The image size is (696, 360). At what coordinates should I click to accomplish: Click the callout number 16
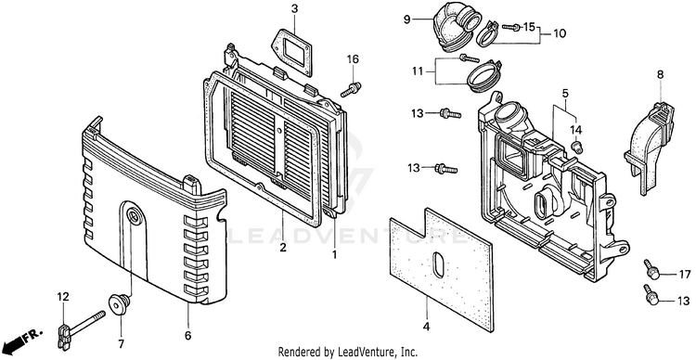click(x=353, y=59)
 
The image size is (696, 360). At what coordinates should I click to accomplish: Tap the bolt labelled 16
click(x=351, y=89)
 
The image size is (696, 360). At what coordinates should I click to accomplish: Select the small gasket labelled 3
click(x=290, y=52)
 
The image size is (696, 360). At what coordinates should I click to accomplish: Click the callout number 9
click(x=407, y=19)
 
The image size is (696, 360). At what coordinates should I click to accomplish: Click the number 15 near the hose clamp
click(x=529, y=27)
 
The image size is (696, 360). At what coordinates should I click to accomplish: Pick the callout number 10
click(x=560, y=33)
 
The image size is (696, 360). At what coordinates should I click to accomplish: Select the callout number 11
click(x=419, y=71)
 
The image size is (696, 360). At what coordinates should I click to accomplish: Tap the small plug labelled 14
click(x=577, y=147)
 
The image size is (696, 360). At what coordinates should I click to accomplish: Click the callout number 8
click(x=660, y=75)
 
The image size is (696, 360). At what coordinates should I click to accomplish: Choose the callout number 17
click(x=685, y=274)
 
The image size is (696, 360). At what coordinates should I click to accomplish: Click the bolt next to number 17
click(x=652, y=269)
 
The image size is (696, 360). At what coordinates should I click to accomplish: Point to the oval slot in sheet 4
click(x=438, y=264)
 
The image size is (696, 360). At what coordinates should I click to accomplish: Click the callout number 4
click(x=426, y=328)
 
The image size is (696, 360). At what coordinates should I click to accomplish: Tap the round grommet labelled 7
click(x=120, y=304)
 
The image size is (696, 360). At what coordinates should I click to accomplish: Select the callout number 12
click(x=63, y=297)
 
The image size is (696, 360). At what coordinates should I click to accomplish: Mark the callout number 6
click(x=187, y=336)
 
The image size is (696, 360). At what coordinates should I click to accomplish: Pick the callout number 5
click(x=565, y=93)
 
